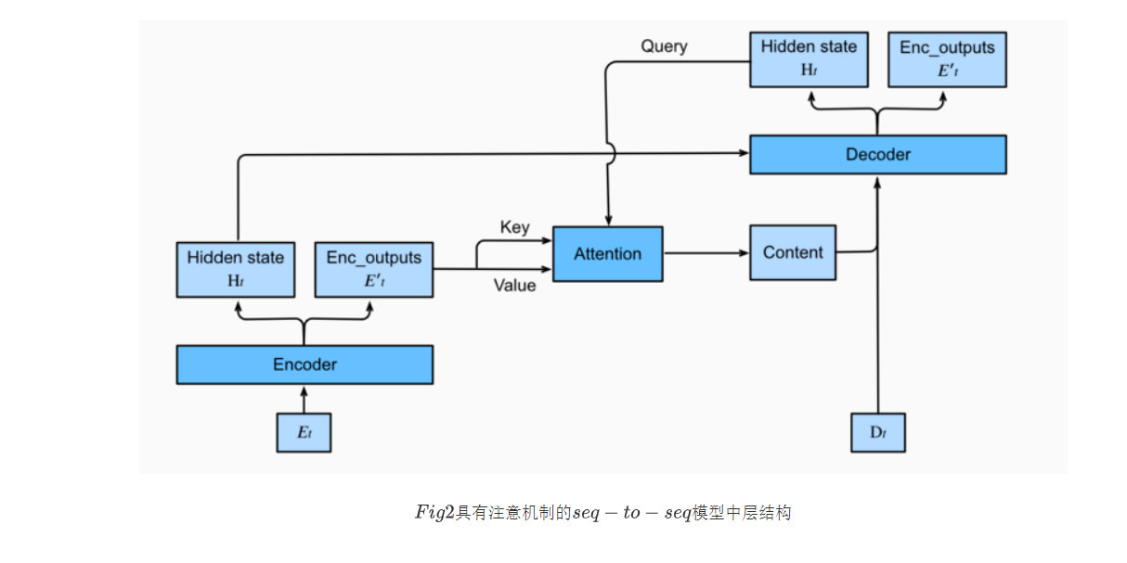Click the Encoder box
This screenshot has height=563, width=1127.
[304, 365]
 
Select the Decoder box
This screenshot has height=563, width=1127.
[877, 155]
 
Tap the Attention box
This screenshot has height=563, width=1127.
[607, 254]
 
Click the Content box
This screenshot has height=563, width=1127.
[793, 252]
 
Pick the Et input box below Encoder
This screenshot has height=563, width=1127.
[304, 433]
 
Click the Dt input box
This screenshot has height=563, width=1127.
[877, 433]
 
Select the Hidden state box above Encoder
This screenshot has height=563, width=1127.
[236, 270]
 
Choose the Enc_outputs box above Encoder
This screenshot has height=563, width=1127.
[373, 270]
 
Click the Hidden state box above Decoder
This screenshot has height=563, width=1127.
[809, 58]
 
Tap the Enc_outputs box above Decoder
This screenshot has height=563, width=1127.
[946, 58]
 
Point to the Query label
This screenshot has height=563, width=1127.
[664, 46]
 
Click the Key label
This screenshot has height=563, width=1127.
[514, 227]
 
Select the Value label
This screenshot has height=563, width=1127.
[514, 286]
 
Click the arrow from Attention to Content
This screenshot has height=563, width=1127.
[706, 252]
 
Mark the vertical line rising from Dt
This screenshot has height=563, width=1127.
[877, 334]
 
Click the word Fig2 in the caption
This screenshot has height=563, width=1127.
[434, 513]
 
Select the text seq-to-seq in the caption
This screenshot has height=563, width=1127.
[631, 513]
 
